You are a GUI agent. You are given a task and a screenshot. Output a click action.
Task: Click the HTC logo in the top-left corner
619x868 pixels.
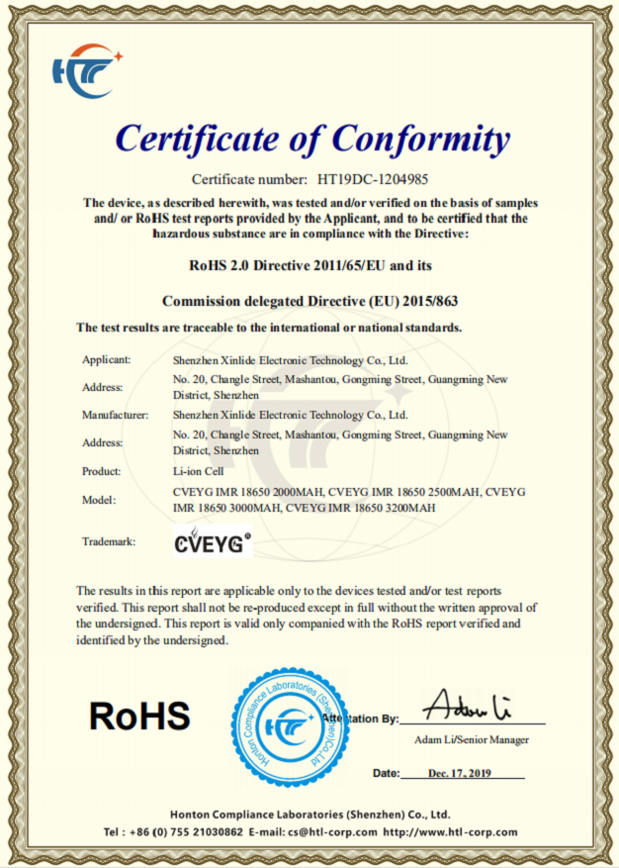(x=86, y=70)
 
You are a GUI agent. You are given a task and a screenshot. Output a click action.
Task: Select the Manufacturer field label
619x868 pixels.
(x=115, y=415)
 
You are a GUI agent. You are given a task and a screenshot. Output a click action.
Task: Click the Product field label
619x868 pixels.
(x=102, y=471)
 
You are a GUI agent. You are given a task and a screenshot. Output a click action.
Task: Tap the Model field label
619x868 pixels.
(x=99, y=500)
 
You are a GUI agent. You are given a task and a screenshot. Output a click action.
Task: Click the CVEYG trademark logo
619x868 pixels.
(x=212, y=541)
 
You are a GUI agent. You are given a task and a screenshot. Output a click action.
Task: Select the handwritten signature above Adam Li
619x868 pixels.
(x=467, y=706)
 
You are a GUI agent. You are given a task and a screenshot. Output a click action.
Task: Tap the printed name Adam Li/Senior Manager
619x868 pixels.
(x=472, y=739)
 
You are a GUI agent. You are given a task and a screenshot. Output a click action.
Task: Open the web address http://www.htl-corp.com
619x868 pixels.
(x=450, y=832)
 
